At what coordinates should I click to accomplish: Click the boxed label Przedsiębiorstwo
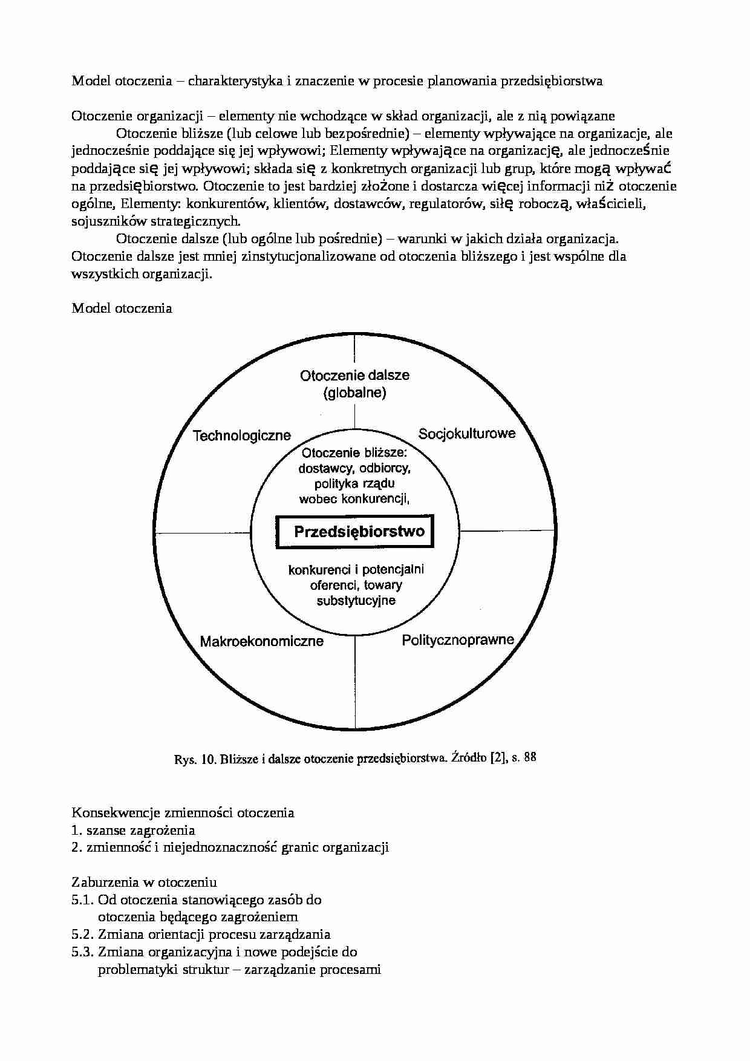359,532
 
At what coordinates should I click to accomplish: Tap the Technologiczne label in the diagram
241,436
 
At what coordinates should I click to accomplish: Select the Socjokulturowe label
467,433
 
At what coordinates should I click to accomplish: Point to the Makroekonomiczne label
261,641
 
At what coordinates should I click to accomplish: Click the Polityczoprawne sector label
458,640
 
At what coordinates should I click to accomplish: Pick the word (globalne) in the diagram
354,393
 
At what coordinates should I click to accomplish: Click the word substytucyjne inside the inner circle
356,601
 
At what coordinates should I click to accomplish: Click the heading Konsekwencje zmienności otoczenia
183,812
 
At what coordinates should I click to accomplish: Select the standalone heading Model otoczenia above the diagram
122,309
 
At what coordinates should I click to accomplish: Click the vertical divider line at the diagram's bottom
355,684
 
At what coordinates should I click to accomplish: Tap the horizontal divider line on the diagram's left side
203,533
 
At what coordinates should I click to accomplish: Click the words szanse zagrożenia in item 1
140,830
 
